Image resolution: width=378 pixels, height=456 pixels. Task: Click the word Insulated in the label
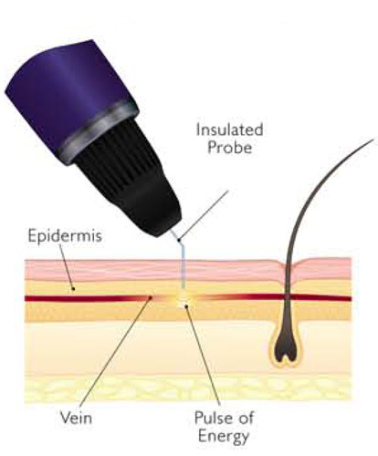tap(230, 130)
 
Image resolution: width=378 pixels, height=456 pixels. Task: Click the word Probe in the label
tap(230, 148)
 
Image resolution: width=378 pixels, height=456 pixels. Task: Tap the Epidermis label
tap(65, 236)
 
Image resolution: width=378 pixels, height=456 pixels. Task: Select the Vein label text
tap(76, 418)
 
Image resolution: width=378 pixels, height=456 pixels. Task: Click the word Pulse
tap(212, 418)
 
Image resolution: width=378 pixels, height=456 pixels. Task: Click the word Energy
tap(224, 437)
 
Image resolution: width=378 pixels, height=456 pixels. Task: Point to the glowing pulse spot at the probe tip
tap(184, 300)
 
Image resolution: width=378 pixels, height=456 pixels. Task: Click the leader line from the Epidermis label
tap(67, 266)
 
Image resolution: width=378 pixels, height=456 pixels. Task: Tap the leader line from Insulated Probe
tap(204, 215)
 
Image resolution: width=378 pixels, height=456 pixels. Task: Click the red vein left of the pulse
tap(89, 298)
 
